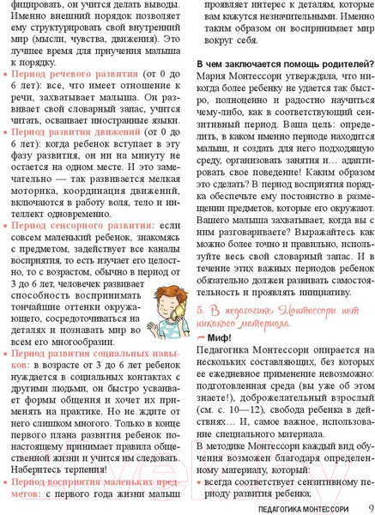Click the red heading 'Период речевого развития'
coord(71,75)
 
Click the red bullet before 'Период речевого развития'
coord(7,75)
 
